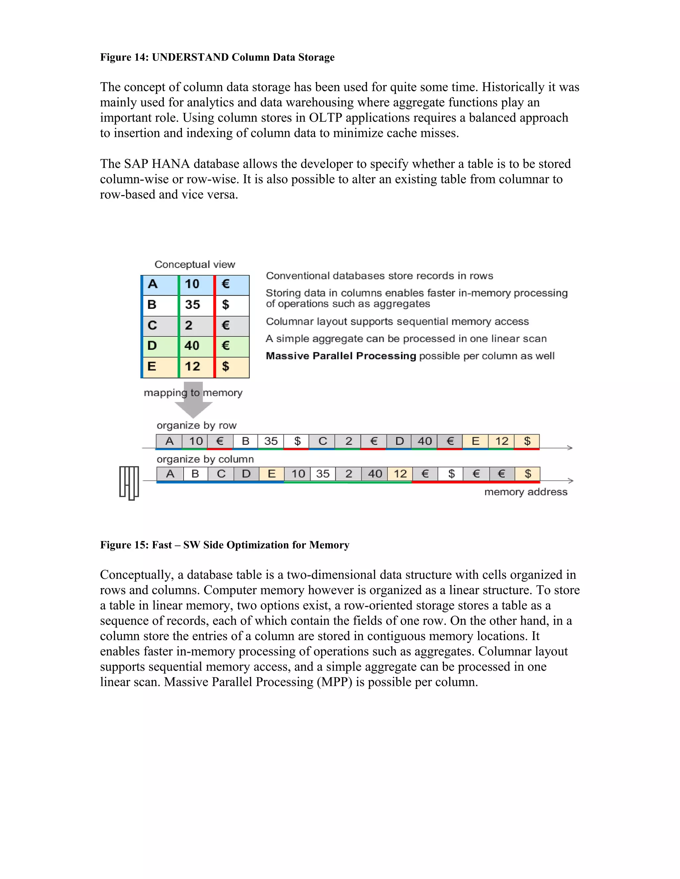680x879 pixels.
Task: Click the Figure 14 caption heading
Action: pos(217,57)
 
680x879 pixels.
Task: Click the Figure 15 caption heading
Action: pos(224,545)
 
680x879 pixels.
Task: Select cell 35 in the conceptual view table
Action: pos(193,305)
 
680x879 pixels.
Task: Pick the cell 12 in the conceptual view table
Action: pos(193,366)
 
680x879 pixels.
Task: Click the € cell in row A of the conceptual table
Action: pos(226,284)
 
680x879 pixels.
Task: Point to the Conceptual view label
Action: pos(195,264)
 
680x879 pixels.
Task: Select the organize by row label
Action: pos(196,426)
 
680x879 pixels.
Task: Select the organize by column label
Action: pos(205,459)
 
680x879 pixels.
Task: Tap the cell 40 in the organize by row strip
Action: pos(425,441)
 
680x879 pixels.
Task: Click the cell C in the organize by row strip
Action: pos(323,441)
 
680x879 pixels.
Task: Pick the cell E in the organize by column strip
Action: pos(272,474)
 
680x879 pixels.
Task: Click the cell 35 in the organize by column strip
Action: pos(323,474)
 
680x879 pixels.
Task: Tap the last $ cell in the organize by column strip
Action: pos(528,474)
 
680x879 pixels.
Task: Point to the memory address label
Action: pos(526,492)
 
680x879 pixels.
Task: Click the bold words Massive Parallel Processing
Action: pos(341,356)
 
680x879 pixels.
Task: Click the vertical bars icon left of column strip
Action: pos(129,483)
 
